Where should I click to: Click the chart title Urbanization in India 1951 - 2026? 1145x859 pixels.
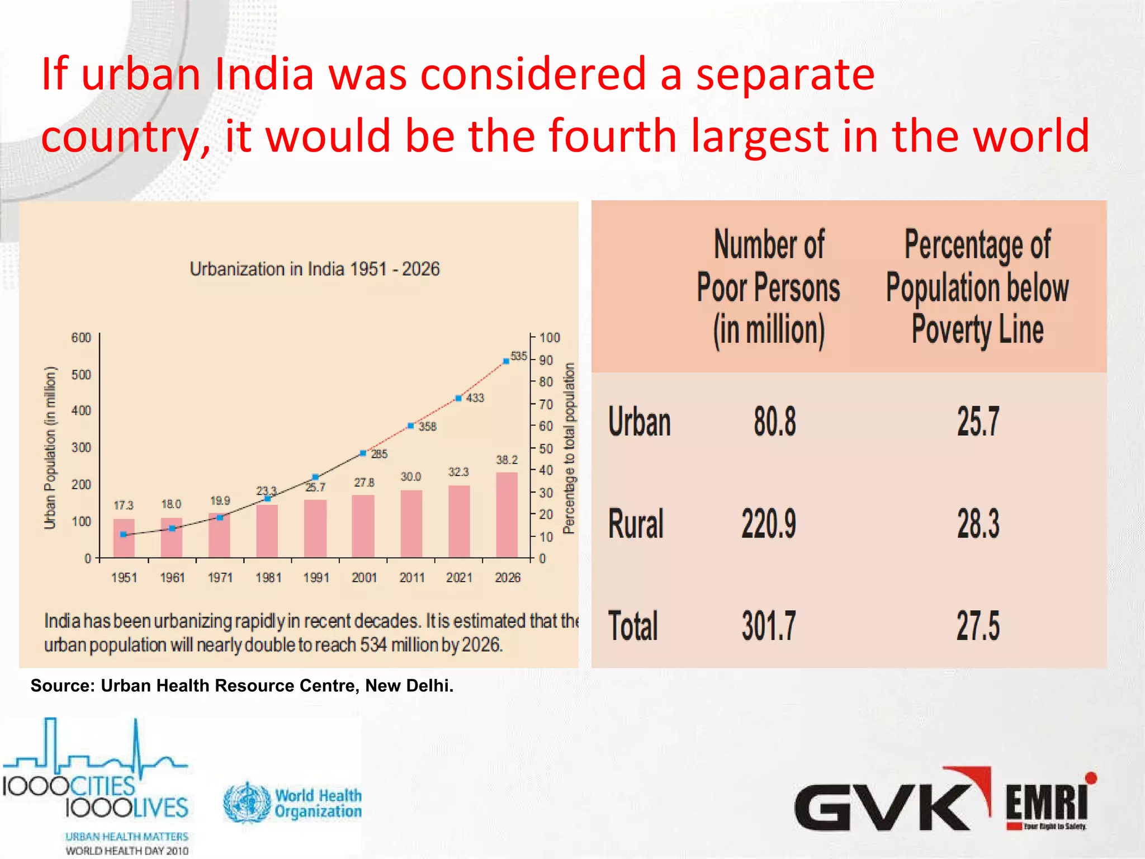click(315, 269)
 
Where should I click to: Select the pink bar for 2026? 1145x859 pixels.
click(507, 515)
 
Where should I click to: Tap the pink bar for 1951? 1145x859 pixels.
click(124, 538)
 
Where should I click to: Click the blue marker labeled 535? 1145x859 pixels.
click(506, 361)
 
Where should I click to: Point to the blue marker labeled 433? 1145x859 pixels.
click(458, 398)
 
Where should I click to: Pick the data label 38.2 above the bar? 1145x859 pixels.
click(507, 460)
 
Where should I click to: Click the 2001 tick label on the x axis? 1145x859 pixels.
click(364, 578)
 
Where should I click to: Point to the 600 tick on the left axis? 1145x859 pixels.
click(81, 338)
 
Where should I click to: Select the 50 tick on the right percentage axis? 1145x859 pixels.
click(546, 449)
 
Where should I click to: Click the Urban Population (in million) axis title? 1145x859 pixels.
click(50, 447)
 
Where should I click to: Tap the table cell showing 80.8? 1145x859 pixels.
click(774, 422)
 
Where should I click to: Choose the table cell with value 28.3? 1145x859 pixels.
click(978, 524)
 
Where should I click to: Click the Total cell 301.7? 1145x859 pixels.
click(769, 626)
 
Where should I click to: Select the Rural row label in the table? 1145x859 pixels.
click(636, 524)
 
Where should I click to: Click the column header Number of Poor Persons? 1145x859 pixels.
click(769, 287)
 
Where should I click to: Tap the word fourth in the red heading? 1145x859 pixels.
click(613, 135)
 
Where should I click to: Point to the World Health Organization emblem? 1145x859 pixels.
click(247, 803)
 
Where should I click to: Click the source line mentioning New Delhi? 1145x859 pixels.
click(242, 686)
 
